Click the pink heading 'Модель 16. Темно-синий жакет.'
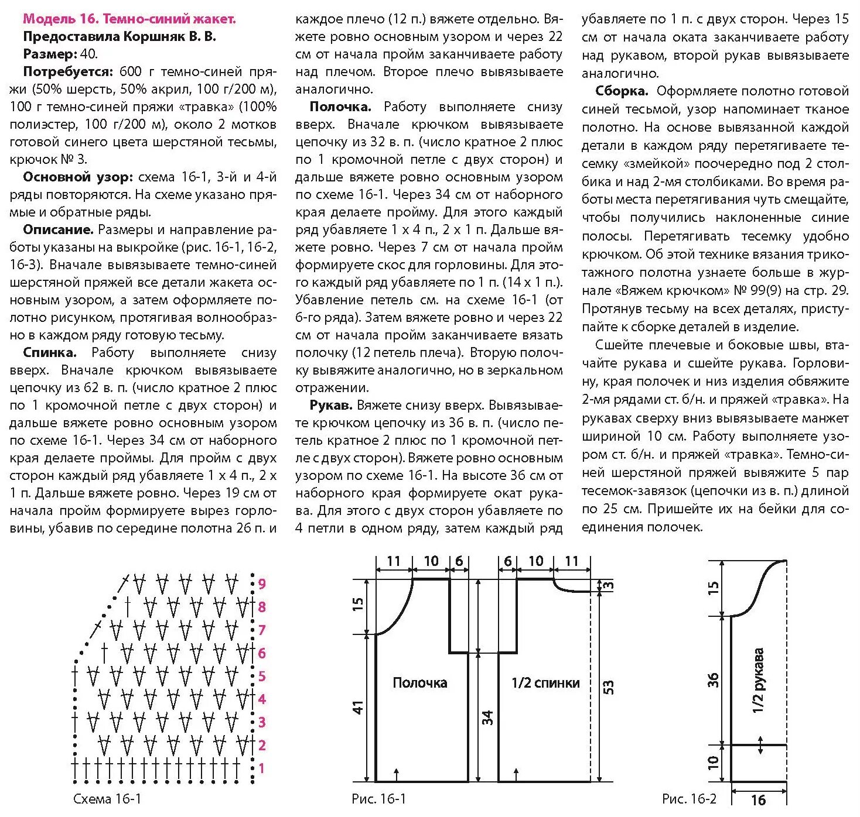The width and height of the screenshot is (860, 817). click(129, 19)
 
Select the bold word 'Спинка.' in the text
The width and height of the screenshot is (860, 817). click(50, 352)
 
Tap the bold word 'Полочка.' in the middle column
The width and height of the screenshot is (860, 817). click(340, 107)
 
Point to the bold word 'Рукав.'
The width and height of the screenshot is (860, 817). click(331, 405)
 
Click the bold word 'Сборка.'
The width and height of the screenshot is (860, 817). click(622, 91)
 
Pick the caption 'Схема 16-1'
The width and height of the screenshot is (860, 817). click(107, 799)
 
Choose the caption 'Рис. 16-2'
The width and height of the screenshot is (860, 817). click(689, 799)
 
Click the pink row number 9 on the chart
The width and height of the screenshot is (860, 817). click(262, 583)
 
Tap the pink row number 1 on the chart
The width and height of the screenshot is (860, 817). click(261, 768)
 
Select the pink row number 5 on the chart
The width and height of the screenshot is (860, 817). click(262, 676)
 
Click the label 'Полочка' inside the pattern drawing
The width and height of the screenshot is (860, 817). click(419, 682)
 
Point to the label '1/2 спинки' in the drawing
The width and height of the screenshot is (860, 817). click(545, 682)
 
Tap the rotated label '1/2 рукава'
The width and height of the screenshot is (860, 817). click(758, 680)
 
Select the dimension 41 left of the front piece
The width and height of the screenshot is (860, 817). click(359, 707)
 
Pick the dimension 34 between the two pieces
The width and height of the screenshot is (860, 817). click(487, 717)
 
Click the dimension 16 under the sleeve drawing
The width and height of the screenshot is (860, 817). click(758, 799)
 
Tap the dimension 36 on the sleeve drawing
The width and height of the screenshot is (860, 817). click(713, 679)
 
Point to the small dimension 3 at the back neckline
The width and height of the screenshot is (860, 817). click(609, 585)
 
